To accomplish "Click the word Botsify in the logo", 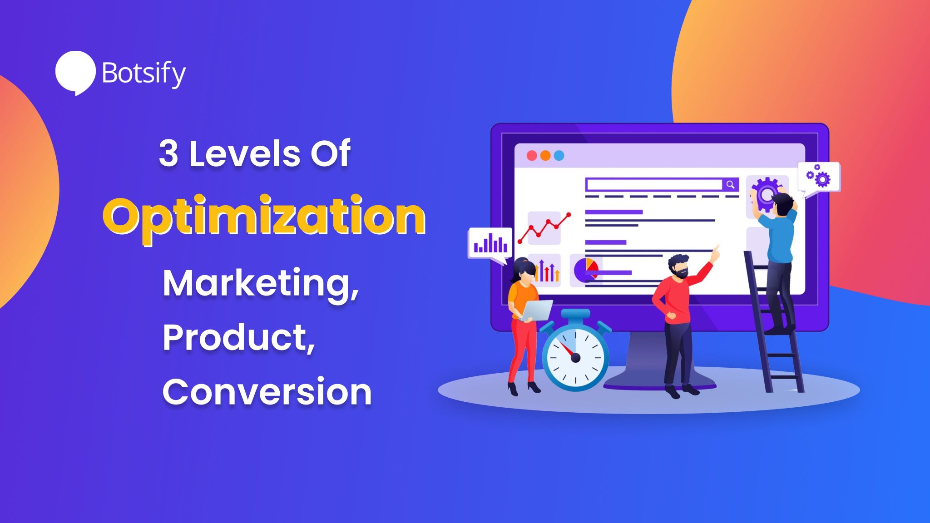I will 143,73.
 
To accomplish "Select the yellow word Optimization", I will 264,217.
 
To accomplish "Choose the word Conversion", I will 267,391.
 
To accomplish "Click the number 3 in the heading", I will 168,153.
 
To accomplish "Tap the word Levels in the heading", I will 244,153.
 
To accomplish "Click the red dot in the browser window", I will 532,156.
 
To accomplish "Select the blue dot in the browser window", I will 559,156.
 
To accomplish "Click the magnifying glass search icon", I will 730,184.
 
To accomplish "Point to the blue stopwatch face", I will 575,358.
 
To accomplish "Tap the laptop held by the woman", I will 537,311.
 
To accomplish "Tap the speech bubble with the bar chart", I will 490,243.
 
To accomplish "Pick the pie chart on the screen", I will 586,270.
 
